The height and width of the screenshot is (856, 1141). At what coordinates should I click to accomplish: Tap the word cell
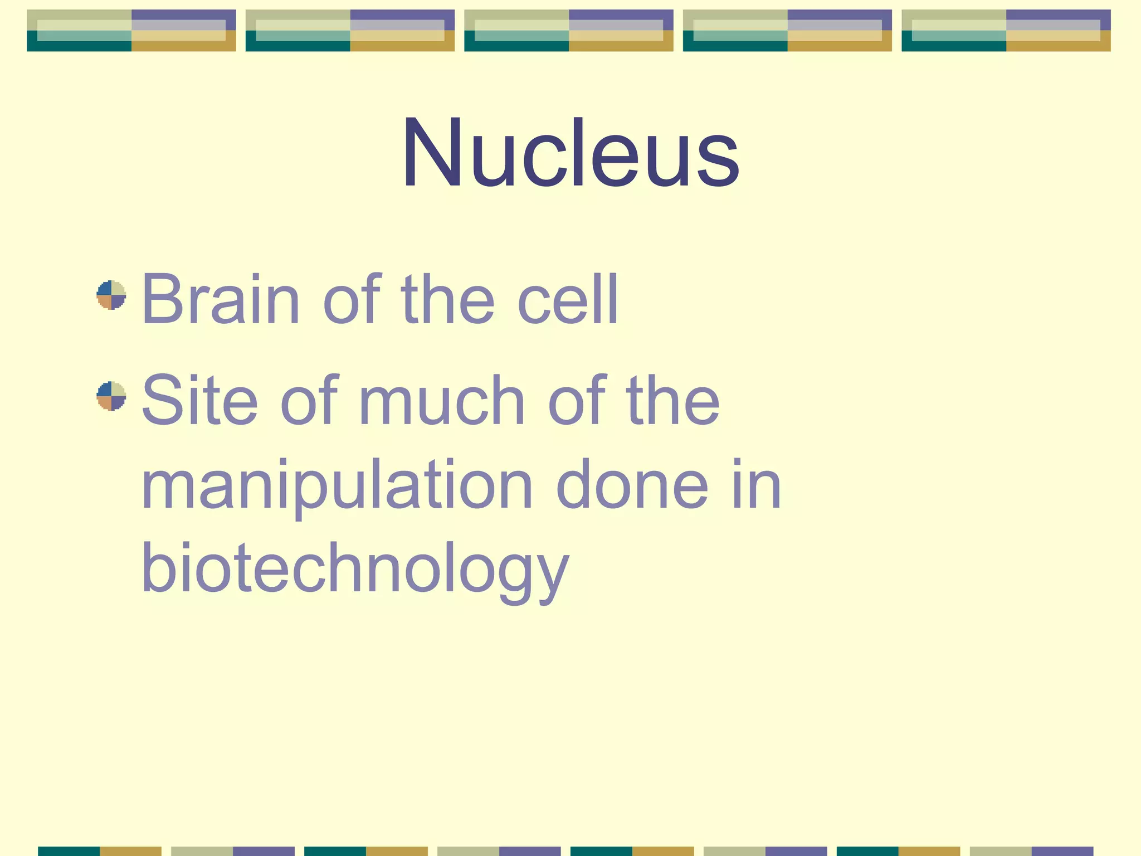click(568, 299)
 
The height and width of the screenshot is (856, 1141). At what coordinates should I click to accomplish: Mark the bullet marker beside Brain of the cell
click(111, 295)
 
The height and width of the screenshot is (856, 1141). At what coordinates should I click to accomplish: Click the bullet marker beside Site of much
click(111, 396)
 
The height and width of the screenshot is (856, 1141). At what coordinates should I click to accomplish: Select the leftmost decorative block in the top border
click(131, 31)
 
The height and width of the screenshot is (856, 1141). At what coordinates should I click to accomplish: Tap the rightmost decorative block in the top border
click(1006, 31)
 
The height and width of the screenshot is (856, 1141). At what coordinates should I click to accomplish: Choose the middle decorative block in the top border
click(569, 31)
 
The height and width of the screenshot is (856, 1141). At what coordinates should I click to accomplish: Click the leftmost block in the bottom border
click(100, 851)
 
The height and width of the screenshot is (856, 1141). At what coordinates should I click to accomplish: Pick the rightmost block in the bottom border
click(1031, 851)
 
